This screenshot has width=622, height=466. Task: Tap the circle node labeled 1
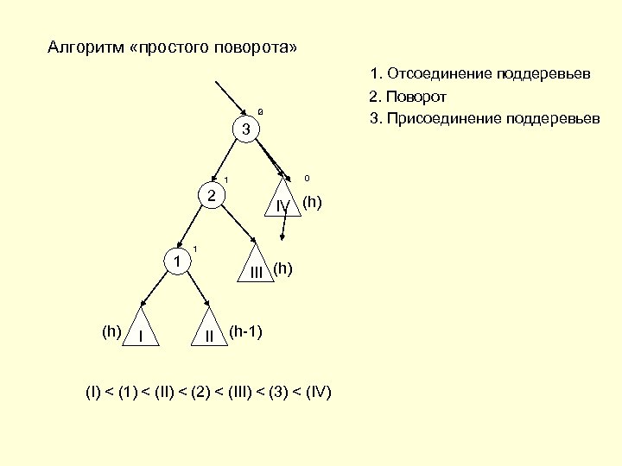coord(176,261)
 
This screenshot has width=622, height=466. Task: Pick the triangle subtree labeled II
coord(209,331)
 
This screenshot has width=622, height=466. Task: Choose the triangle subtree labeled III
coord(257,268)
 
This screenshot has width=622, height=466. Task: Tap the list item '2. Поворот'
coord(408,96)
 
